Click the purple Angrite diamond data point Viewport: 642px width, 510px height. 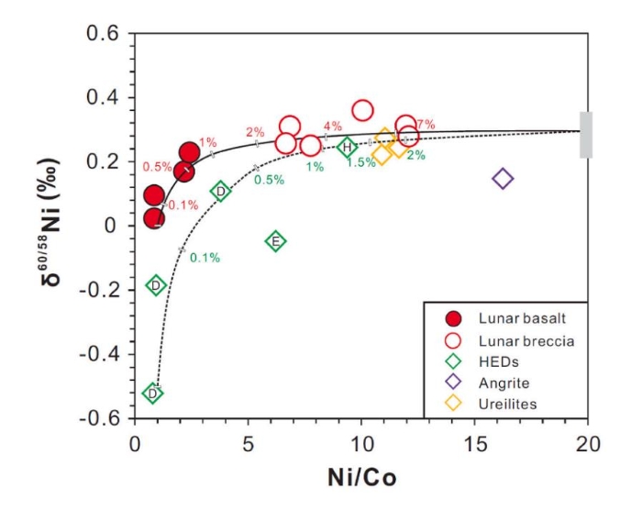pos(503,178)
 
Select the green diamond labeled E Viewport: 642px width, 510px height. pos(275,241)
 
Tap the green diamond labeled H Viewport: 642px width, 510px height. pos(348,147)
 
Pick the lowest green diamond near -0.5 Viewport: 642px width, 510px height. pos(153,394)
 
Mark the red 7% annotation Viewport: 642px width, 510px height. pos(426,125)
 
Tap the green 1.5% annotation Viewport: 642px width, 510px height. pos(361,162)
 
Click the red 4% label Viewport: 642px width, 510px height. pos(332,126)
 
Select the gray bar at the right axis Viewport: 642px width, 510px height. pos(586,135)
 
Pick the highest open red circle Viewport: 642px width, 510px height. pos(362,111)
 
